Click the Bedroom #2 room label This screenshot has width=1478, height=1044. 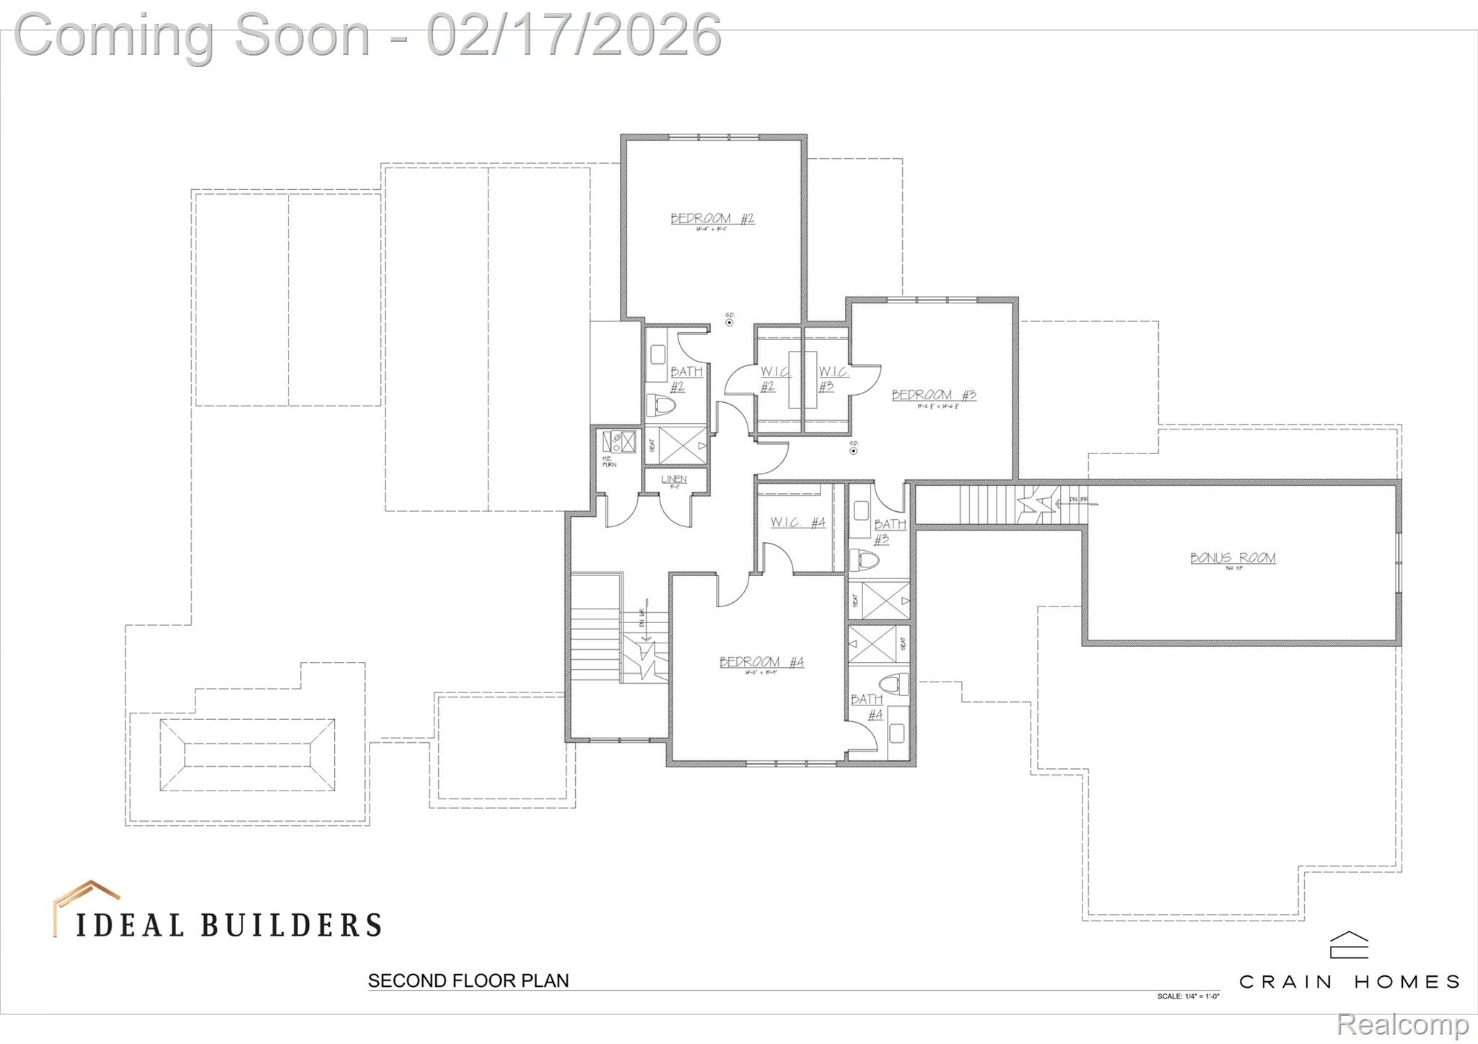(x=712, y=219)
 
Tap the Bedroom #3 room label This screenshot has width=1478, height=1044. (x=934, y=395)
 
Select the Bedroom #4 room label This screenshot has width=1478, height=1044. (x=761, y=662)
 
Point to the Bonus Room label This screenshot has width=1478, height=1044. (x=1233, y=558)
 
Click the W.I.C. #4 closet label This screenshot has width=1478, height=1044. (x=797, y=522)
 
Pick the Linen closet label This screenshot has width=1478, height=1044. (x=674, y=479)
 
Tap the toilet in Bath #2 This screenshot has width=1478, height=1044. (x=660, y=405)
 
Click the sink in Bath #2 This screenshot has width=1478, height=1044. (x=657, y=354)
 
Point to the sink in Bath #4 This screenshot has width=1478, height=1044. (x=896, y=733)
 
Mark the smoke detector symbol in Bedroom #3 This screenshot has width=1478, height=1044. (x=853, y=451)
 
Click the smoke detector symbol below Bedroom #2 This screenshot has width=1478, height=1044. (x=730, y=322)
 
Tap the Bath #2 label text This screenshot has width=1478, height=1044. (x=686, y=379)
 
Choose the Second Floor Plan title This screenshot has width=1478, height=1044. (x=468, y=980)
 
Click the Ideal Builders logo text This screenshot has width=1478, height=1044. (x=229, y=925)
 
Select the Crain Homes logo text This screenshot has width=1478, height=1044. (x=1349, y=982)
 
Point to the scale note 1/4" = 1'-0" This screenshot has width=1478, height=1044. (x=1188, y=996)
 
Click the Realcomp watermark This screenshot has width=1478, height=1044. (x=1402, y=1024)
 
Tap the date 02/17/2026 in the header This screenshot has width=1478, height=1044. (x=574, y=35)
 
